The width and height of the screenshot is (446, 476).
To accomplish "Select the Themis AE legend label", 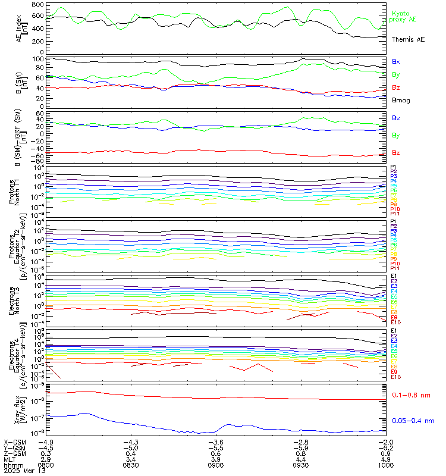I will pos(408,39).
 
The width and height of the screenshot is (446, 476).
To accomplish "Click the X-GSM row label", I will pos(14,442).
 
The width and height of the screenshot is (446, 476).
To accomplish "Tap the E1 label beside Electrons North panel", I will pos(394,276).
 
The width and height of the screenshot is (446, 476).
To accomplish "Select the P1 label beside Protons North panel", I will pos(393,167).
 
